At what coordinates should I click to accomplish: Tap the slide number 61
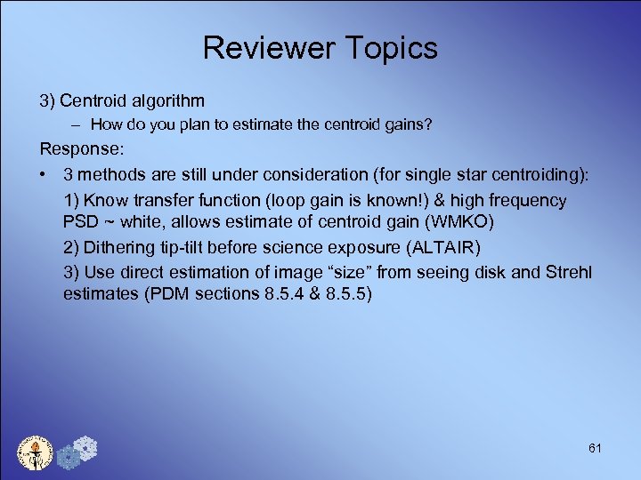[x=595, y=448]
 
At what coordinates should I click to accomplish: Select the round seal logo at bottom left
[x=37, y=452]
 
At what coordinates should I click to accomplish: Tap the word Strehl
[x=564, y=271]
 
